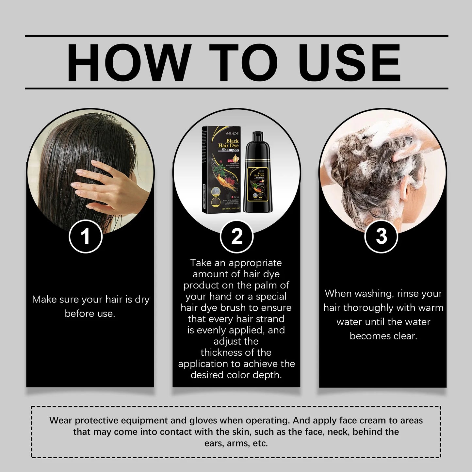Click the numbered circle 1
[x=86, y=236]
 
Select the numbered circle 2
[x=236, y=236]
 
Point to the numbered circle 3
[x=381, y=236]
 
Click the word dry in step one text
[x=142, y=300]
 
